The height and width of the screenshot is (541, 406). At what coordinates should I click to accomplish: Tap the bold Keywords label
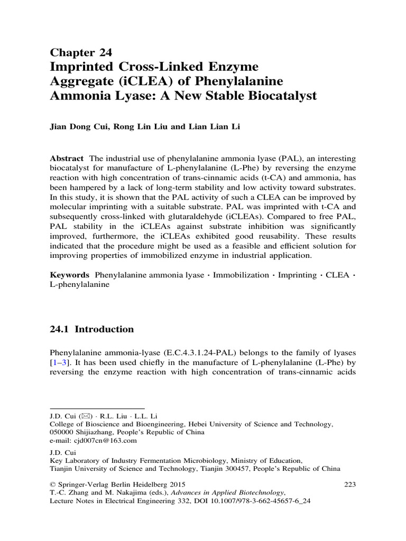pos(70,276)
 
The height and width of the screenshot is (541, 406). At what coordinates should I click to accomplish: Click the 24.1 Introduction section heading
pos(91,329)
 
